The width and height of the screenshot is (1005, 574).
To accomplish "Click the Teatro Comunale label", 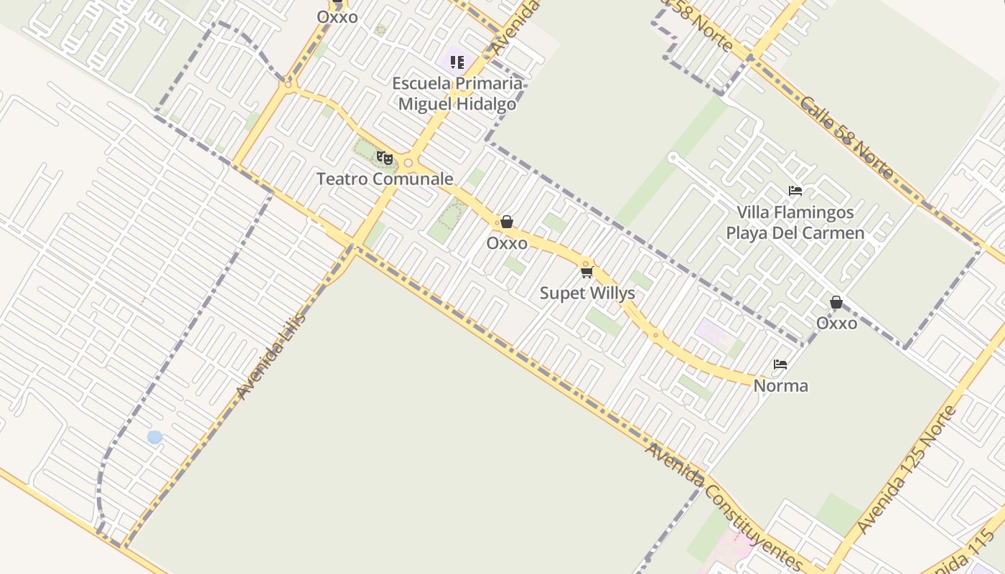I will [x=385, y=179].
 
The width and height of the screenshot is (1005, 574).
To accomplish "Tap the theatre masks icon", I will [x=385, y=157].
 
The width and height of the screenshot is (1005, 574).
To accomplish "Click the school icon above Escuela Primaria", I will [x=457, y=62].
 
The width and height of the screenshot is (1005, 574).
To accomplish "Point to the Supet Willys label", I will [x=587, y=293].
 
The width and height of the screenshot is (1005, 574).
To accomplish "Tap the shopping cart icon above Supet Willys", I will [x=587, y=272].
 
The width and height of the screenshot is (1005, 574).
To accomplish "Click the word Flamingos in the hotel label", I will [x=814, y=212].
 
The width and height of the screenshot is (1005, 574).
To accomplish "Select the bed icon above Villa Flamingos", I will [x=795, y=191].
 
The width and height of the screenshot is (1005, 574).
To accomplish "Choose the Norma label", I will [x=780, y=385].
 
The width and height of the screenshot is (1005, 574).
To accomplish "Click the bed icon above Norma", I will [x=780, y=364].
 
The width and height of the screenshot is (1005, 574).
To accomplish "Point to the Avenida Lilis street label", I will [x=271, y=356].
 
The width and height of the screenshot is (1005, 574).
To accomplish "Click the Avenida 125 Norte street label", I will [x=907, y=469].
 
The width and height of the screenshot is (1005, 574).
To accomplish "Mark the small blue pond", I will [x=154, y=437].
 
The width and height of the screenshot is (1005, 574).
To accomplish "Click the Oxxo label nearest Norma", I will [x=836, y=323].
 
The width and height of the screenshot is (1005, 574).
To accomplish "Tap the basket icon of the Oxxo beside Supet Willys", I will [x=507, y=222].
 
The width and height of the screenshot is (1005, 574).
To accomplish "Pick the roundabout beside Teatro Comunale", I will [x=408, y=163].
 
